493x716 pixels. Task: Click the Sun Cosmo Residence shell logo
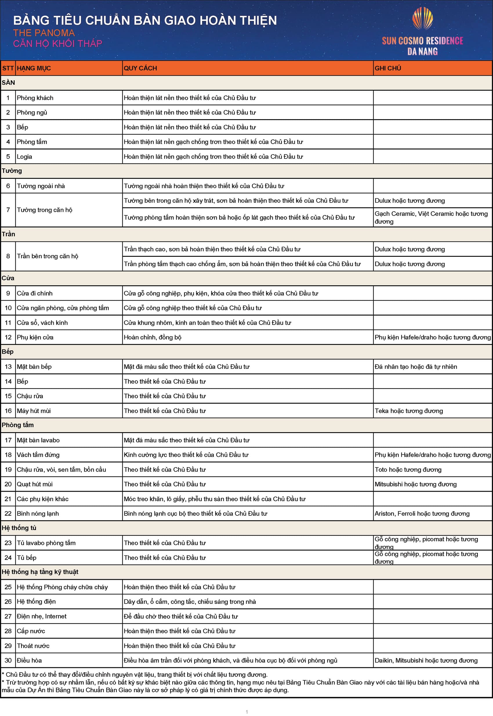(422, 19)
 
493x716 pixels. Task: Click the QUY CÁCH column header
(140, 68)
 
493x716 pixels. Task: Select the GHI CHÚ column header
(388, 68)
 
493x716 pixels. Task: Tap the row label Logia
(24, 157)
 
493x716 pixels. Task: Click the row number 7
(8, 210)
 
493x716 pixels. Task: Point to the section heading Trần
(8, 234)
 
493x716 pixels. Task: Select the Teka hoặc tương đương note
(409, 411)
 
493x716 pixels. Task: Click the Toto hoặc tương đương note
(408, 469)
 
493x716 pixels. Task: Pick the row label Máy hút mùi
(34, 411)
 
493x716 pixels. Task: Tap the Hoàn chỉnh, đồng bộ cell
(153, 337)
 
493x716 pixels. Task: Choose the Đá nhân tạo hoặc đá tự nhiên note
(416, 366)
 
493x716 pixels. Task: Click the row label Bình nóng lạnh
(38, 513)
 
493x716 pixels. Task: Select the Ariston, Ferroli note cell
(422, 513)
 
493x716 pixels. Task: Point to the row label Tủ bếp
(27, 558)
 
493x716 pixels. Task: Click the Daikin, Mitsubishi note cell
(426, 660)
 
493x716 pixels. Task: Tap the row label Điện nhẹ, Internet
(42, 616)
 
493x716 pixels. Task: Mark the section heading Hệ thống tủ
(19, 528)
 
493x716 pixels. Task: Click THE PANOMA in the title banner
(44, 33)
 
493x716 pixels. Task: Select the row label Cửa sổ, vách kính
(42, 323)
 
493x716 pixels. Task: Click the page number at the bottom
(246, 712)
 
